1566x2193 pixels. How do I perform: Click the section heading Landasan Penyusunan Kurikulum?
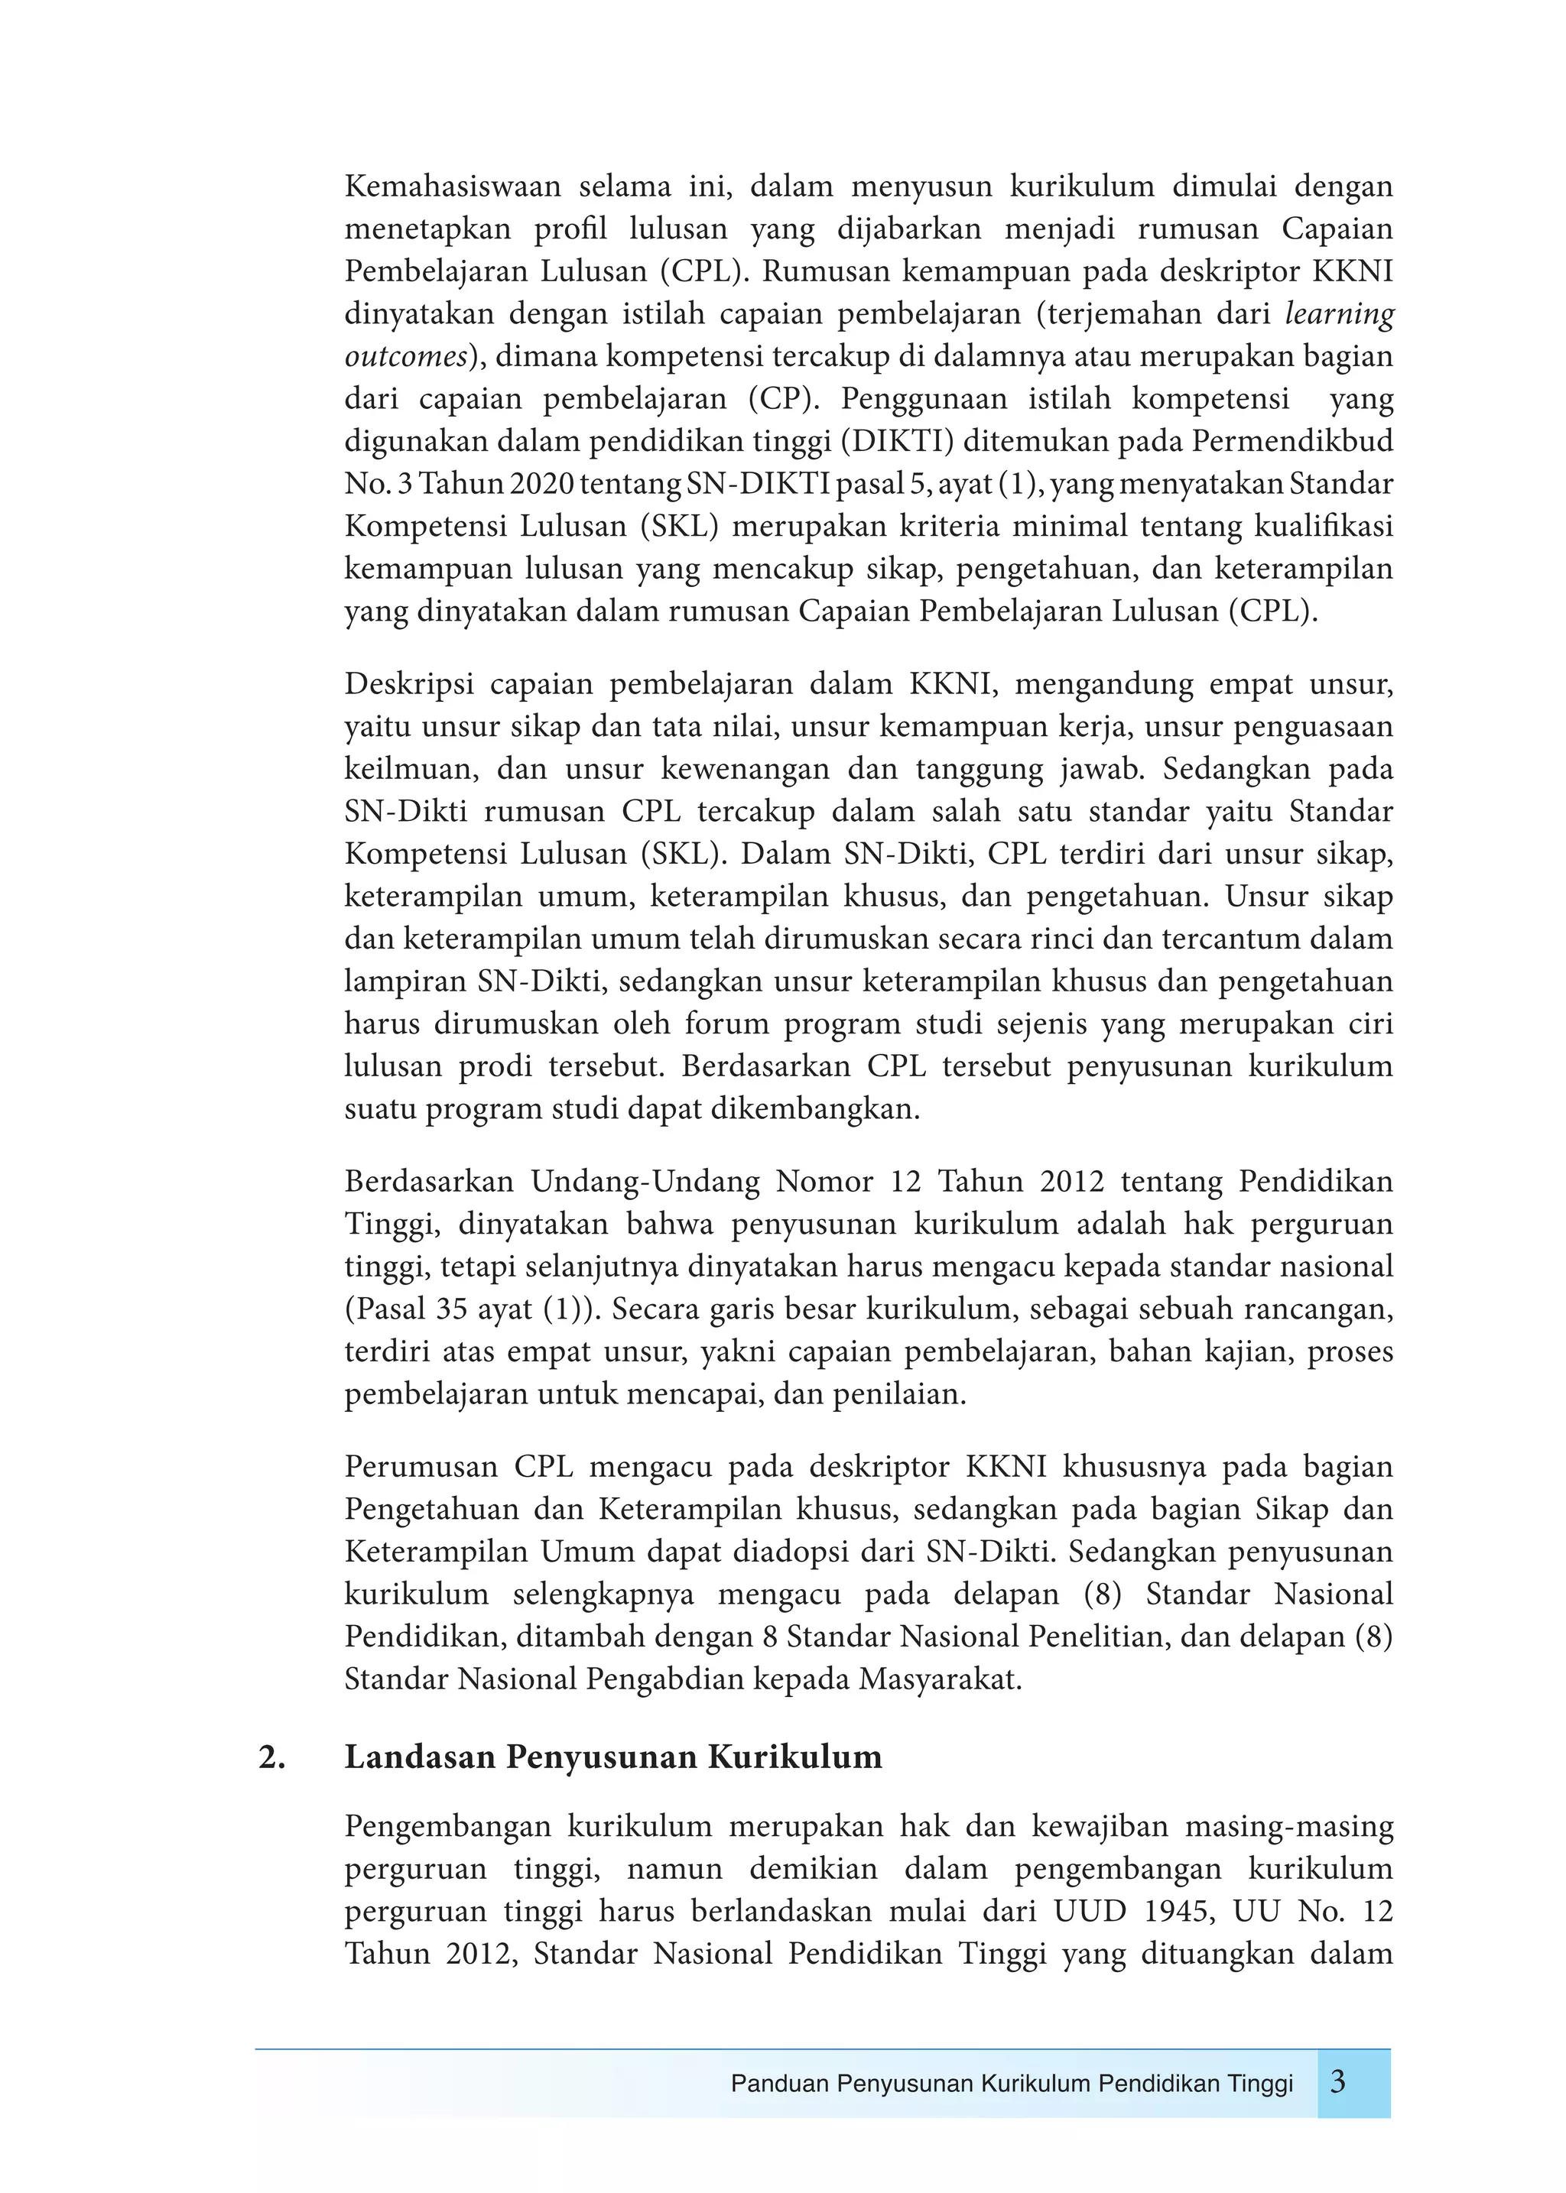[x=613, y=1757]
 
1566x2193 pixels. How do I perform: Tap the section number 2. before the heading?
[x=272, y=1757]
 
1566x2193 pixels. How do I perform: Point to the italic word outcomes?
[x=406, y=357]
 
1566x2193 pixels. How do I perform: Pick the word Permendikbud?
[x=1292, y=442]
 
